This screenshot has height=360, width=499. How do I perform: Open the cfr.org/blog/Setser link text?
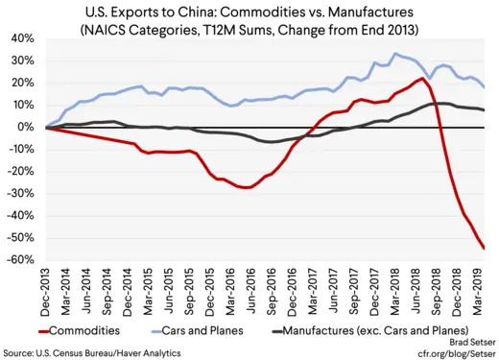pyautogui.click(x=451, y=352)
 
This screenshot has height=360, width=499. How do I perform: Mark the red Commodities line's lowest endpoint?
pyautogui.click(x=484, y=249)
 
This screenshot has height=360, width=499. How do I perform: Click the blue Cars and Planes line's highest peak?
pyautogui.click(x=395, y=54)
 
